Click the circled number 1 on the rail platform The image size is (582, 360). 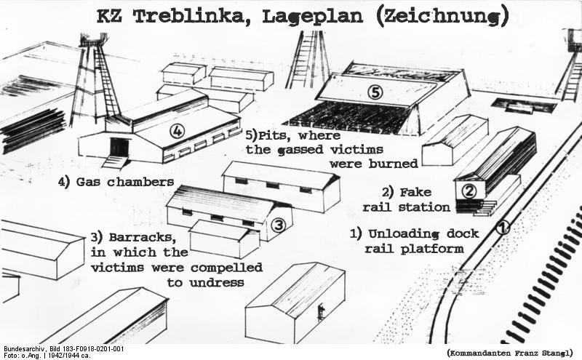tap(503, 227)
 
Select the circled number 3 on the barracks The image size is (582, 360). tap(277, 225)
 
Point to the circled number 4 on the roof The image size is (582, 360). tap(176, 132)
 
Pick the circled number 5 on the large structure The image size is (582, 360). tap(375, 92)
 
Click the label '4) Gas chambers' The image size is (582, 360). tap(116, 181)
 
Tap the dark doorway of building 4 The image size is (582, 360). tap(119, 148)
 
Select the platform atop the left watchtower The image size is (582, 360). tap(92, 40)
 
